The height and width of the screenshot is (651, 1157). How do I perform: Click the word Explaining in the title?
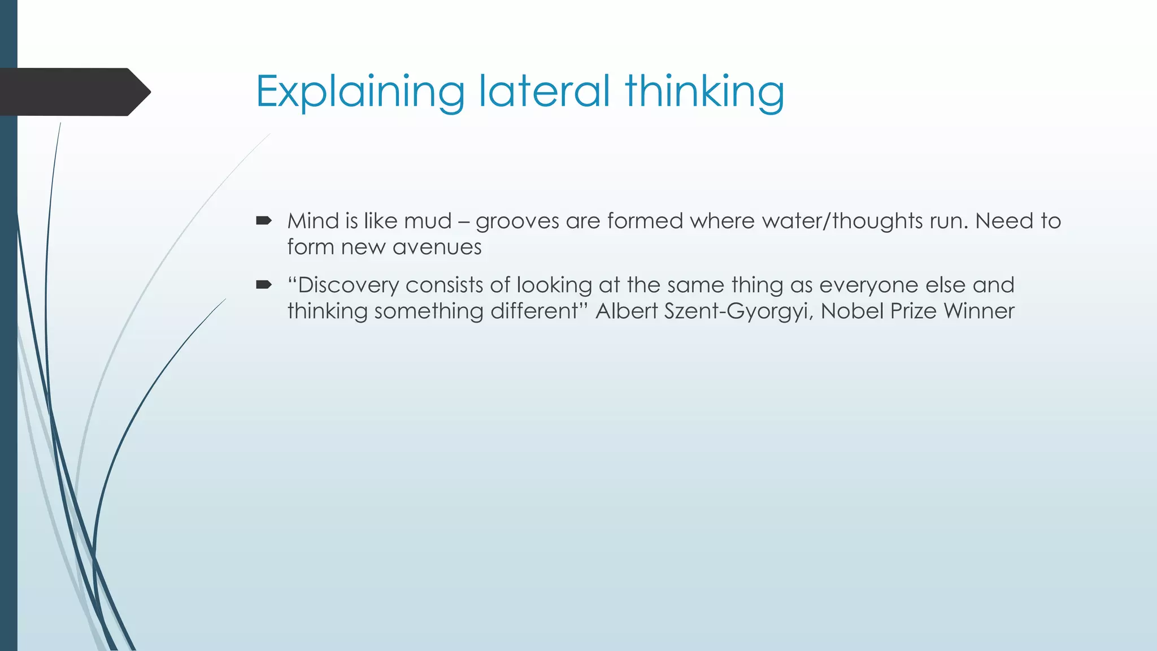point(360,92)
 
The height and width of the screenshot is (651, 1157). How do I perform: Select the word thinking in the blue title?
point(704,92)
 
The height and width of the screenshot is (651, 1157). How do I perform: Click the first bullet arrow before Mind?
point(263,220)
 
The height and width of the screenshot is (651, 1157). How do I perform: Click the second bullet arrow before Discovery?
point(263,284)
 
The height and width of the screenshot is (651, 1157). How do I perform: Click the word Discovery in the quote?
point(348,285)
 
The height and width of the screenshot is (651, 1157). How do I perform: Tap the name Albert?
point(627,311)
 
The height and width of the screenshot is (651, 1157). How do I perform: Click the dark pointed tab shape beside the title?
point(73,92)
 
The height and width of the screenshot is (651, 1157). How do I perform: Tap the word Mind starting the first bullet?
point(313,221)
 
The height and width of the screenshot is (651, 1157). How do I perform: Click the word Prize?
point(914,311)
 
